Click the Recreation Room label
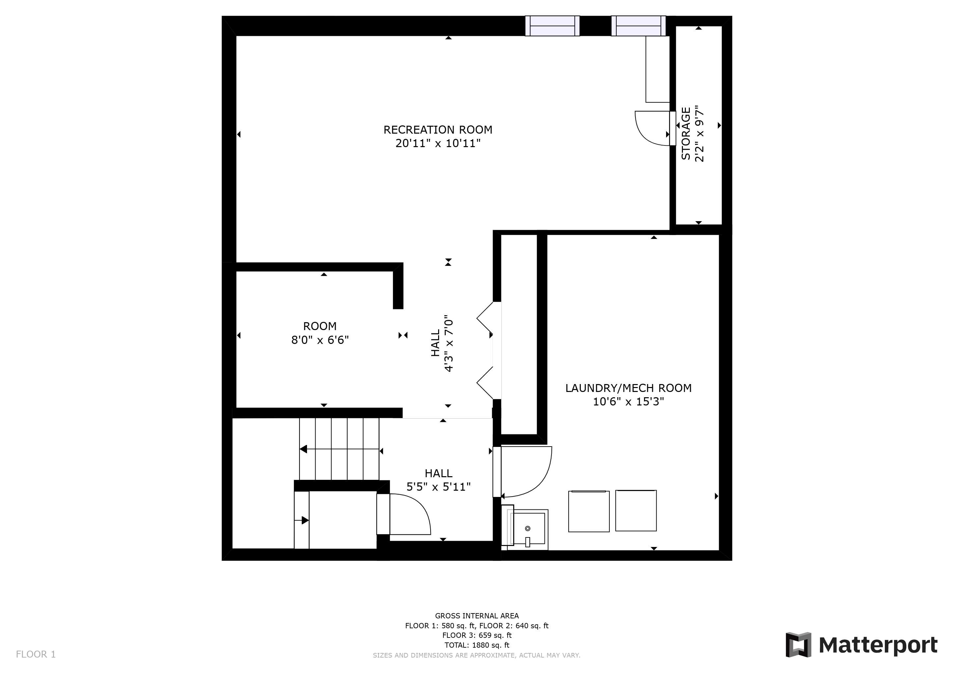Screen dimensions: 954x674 pos(437,130)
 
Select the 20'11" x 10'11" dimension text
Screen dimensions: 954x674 pos(438,143)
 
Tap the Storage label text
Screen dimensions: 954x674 pos(686,134)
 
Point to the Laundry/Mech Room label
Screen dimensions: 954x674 pos(628,388)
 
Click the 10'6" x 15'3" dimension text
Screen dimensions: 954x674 pos(628,402)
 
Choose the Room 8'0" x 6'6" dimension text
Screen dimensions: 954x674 pos(320,340)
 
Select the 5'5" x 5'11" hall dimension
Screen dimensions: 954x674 pos(438,487)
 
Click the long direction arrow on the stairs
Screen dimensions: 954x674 pos(340,449)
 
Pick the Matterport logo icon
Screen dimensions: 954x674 pos(798,644)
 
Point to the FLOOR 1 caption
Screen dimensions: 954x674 pos(36,655)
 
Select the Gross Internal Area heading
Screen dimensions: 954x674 pos(477,616)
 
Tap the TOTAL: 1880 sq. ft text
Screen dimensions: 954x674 pos(477,645)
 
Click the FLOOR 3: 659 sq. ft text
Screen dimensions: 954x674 pos(477,635)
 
